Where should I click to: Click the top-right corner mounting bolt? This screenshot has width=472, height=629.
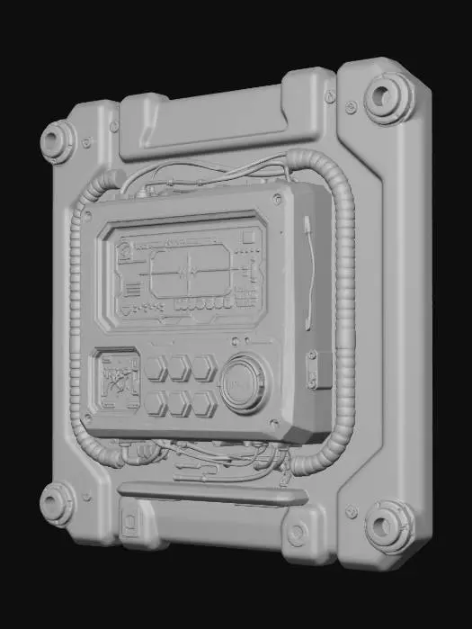[x=389, y=97]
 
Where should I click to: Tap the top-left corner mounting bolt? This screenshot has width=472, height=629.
[x=58, y=141]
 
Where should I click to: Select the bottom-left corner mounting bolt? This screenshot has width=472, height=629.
[x=58, y=502]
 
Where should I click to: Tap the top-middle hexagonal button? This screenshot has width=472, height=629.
[x=179, y=368]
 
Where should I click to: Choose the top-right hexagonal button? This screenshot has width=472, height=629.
[x=204, y=367]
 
